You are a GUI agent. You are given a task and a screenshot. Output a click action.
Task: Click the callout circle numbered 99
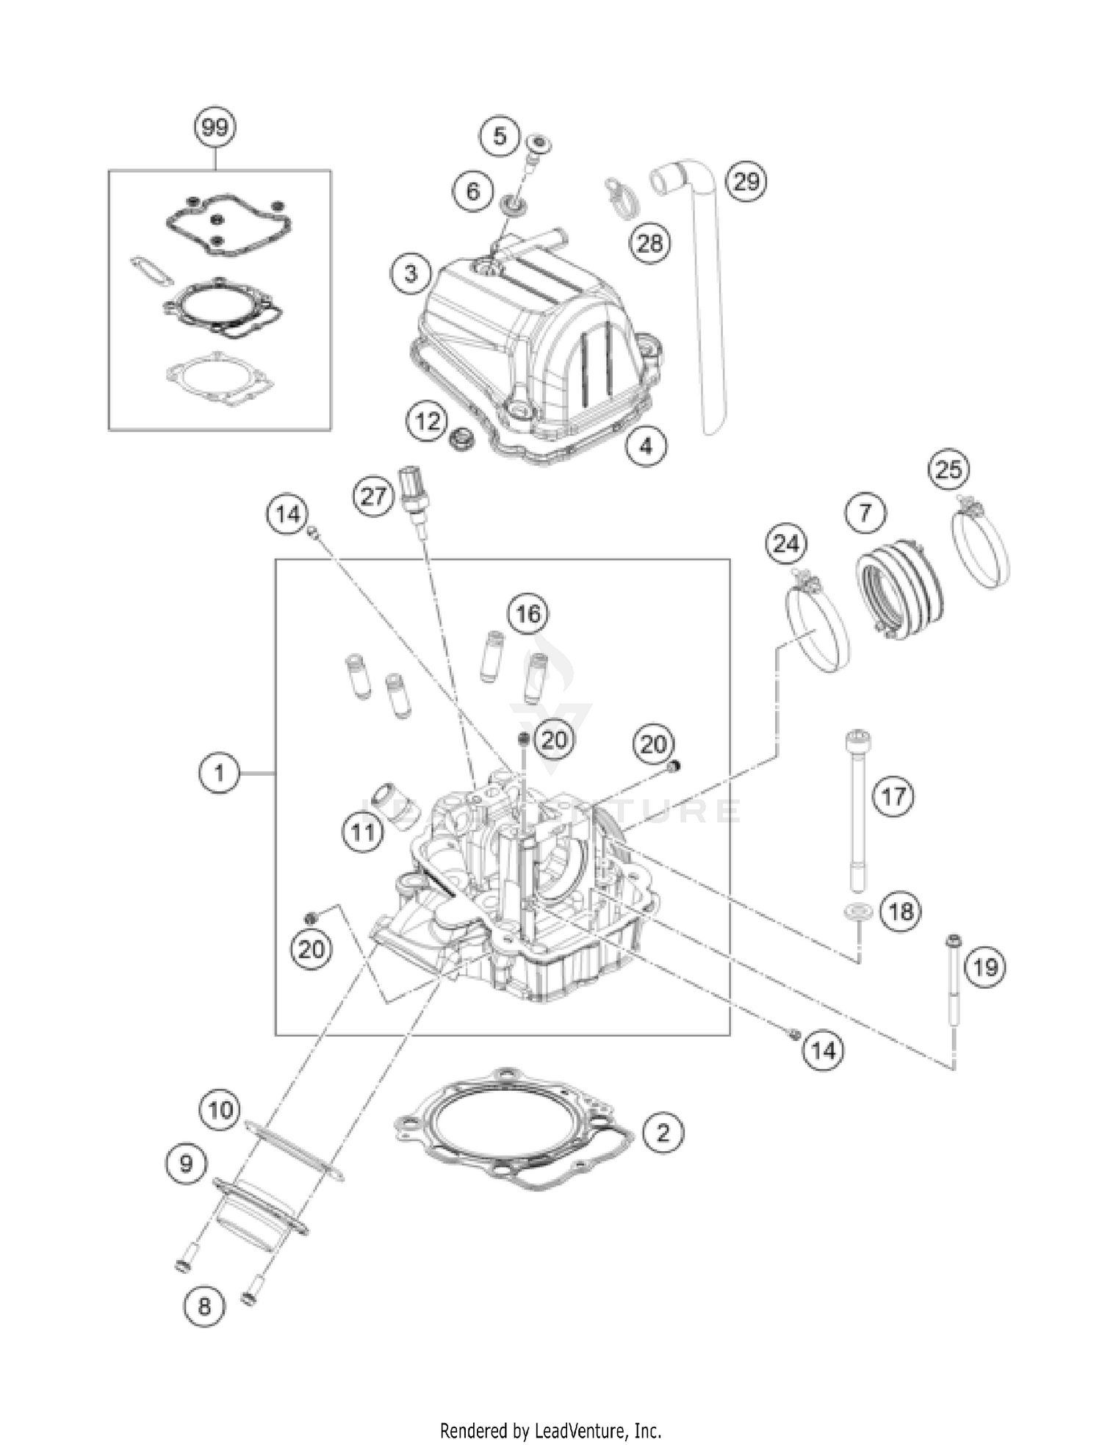pyautogui.click(x=215, y=129)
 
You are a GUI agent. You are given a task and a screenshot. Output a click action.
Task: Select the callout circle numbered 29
pyautogui.click(x=746, y=181)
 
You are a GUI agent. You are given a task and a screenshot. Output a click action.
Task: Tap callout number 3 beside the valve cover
pyautogui.click(x=411, y=274)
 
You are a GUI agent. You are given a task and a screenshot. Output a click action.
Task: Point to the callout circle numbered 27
pyautogui.click(x=373, y=496)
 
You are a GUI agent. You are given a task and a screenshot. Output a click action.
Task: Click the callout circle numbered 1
pyautogui.click(x=219, y=773)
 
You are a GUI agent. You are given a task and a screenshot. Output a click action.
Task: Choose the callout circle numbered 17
pyautogui.click(x=893, y=796)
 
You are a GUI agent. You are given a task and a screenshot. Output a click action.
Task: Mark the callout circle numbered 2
pyautogui.click(x=663, y=1133)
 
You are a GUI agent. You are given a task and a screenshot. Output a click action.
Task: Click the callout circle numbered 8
pyautogui.click(x=204, y=1305)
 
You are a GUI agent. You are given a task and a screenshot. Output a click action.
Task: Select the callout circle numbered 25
pyautogui.click(x=948, y=469)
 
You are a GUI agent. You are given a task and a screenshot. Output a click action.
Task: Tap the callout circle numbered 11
pyautogui.click(x=364, y=832)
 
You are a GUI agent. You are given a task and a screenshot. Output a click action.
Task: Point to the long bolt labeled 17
pyautogui.click(x=857, y=808)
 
